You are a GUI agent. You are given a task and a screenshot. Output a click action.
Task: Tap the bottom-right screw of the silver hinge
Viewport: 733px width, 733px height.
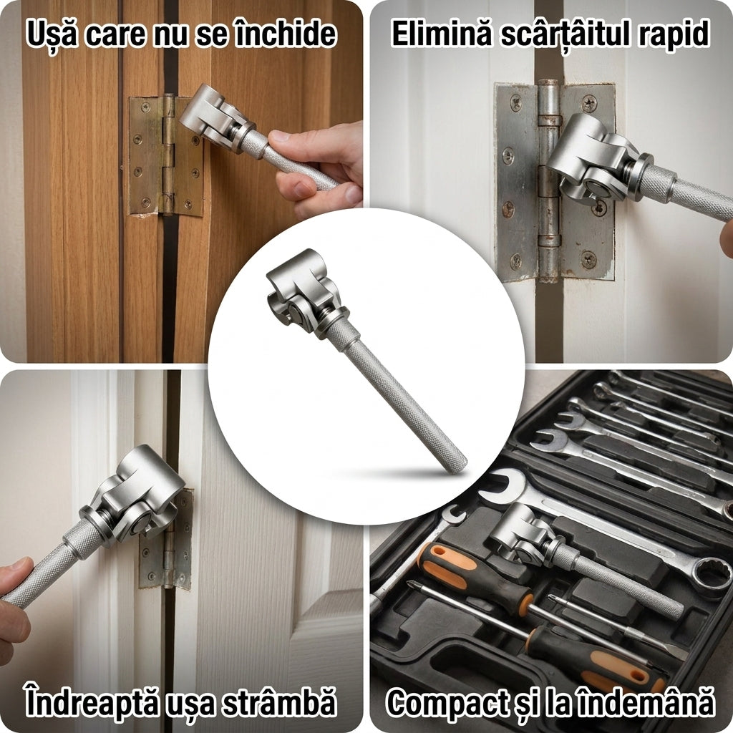(588, 259)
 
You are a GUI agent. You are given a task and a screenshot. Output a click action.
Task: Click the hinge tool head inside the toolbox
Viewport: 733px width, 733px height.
(519, 533)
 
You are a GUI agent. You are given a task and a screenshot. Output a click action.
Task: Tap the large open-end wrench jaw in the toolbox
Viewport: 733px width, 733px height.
(503, 486)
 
